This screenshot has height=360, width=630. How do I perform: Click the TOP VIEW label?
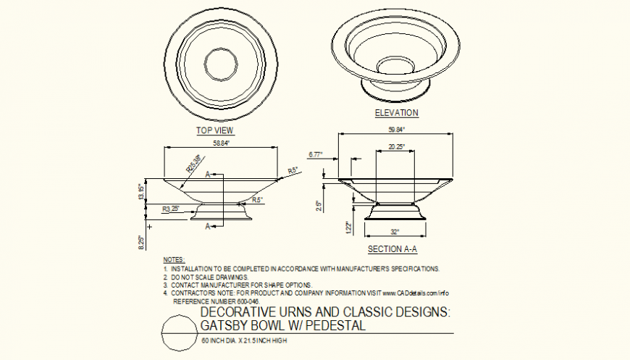coord(215,130)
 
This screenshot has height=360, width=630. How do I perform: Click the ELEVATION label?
coord(396,113)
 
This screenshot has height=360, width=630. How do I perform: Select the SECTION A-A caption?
coord(392,249)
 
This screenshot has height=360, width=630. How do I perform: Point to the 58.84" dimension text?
coord(222,143)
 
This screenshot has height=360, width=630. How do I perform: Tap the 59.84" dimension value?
coord(396,130)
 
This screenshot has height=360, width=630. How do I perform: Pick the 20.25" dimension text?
coord(396,147)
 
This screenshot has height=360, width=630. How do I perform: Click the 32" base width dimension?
coord(396,233)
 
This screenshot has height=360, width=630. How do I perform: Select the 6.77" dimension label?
coord(315,154)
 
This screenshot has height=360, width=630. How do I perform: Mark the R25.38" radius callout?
coord(194,165)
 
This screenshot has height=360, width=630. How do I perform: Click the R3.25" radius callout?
coord(171,209)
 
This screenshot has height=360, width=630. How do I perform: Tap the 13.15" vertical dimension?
coord(142,193)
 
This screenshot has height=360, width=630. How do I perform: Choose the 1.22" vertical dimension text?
coord(348,228)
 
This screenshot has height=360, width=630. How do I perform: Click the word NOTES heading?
coord(174,259)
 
